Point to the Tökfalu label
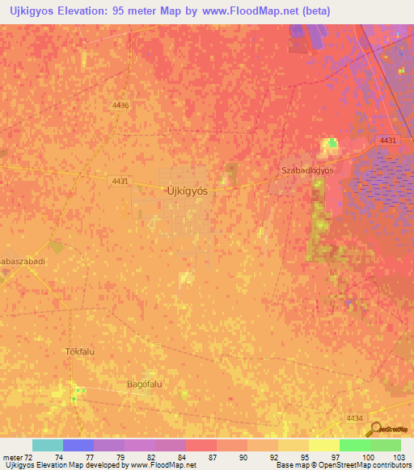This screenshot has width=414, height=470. point(81,352)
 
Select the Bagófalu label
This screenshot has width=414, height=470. point(145,384)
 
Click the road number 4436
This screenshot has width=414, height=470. point(120,105)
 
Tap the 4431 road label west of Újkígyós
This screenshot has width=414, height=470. point(119,182)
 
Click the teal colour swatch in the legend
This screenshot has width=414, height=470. point(47,445)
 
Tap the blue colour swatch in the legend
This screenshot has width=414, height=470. point(78,445)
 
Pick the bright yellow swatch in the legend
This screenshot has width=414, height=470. point(323,445)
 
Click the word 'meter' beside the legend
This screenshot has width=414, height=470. point(12,456)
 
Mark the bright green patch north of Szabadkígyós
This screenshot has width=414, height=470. point(331,144)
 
